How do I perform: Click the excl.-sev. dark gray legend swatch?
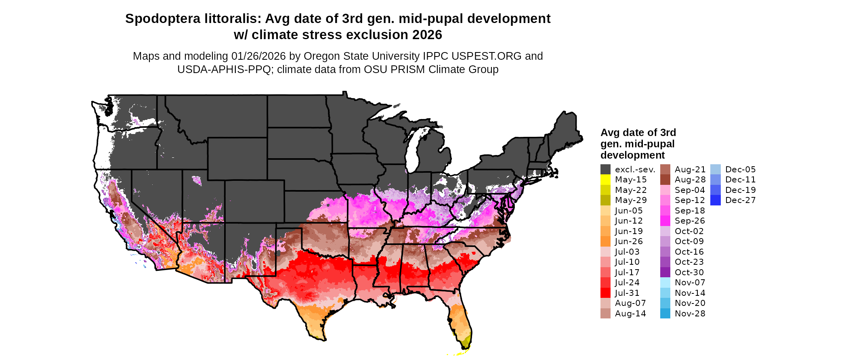[x=605, y=170]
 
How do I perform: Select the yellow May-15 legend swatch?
[x=605, y=180]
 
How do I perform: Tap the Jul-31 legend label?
[x=627, y=293]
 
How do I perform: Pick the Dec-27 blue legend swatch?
[x=715, y=200]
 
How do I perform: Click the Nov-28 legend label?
[x=690, y=314]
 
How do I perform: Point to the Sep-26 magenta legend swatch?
[x=665, y=221]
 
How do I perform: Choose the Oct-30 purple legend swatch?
[x=665, y=272]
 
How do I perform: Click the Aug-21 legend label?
[x=690, y=170]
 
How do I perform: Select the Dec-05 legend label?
[x=740, y=170]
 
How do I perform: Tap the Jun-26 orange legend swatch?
[x=605, y=241]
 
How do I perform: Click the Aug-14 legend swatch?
[x=605, y=314]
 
